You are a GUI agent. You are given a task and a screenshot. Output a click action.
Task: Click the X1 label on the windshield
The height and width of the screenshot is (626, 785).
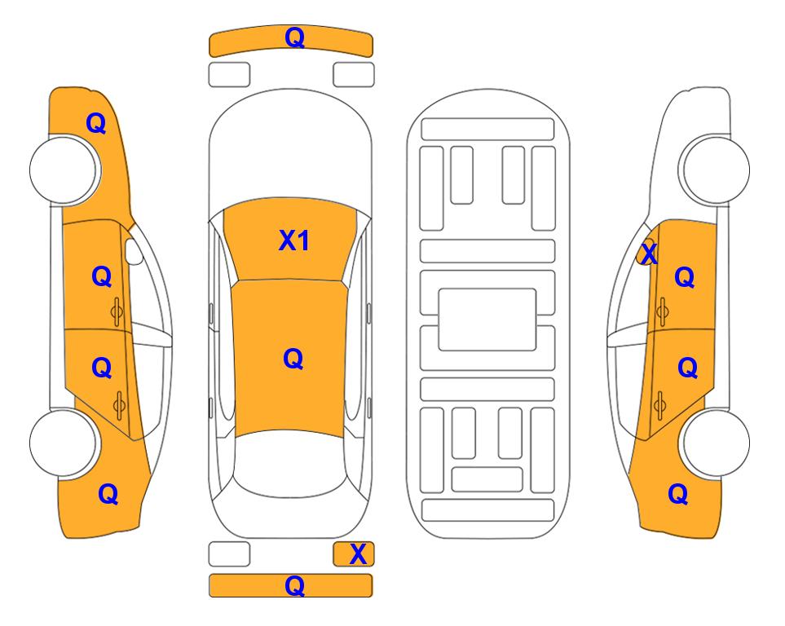294,240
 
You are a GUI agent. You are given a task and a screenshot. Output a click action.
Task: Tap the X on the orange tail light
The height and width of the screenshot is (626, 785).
358,554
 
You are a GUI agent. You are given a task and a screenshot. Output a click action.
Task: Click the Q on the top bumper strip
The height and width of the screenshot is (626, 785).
294,37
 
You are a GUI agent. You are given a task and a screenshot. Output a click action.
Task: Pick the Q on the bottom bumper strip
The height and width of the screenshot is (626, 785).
294,585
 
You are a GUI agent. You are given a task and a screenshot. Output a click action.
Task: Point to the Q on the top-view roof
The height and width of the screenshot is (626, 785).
293,359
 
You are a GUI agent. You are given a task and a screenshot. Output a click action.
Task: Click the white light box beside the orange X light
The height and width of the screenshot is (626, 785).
229,554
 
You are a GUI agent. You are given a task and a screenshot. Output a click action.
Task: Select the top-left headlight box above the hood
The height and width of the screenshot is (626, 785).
229,75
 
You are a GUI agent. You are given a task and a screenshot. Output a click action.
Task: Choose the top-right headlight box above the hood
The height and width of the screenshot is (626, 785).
354,75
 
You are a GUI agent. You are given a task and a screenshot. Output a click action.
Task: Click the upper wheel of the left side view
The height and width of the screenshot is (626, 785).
63,170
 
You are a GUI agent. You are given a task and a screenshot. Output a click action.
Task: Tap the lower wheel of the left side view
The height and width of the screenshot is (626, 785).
63,443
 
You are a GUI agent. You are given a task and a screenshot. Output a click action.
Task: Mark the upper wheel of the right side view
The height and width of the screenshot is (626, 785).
716,170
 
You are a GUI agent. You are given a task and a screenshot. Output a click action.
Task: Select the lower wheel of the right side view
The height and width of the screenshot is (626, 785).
716,443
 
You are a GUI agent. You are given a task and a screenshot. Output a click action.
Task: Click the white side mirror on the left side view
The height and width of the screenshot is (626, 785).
134,251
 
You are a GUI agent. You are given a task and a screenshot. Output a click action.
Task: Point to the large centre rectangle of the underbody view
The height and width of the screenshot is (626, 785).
487,320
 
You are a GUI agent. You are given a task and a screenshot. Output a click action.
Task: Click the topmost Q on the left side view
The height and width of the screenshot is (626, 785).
96,123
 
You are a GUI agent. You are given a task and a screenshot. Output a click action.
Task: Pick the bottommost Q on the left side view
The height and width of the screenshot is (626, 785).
108,494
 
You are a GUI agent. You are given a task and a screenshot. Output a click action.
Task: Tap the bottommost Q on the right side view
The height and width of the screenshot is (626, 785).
678,494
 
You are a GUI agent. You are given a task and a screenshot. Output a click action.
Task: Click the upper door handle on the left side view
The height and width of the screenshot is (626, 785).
117,312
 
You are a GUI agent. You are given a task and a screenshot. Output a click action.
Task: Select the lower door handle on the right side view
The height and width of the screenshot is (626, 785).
660,406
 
